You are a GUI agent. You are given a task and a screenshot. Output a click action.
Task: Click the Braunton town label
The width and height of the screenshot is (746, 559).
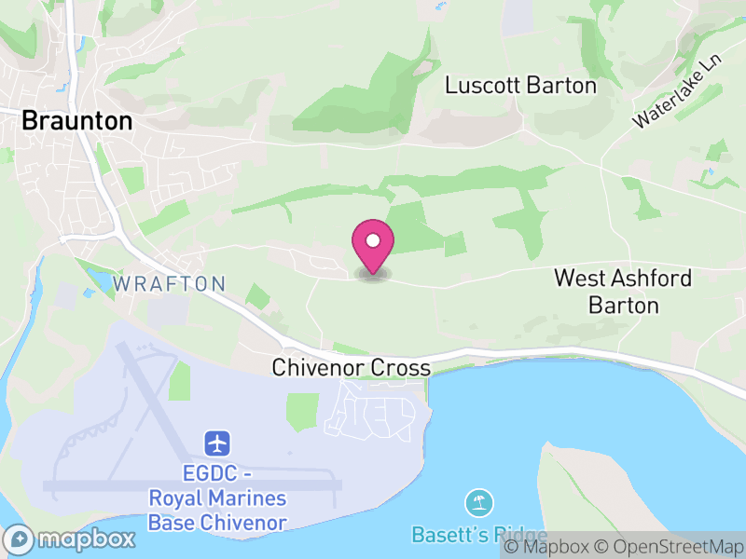76,120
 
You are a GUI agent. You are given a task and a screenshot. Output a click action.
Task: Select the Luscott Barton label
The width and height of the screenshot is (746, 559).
520,86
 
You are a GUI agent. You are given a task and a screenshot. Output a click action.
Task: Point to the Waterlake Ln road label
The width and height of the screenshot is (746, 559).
677,90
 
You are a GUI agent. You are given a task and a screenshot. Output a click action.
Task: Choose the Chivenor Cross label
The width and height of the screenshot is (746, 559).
351,368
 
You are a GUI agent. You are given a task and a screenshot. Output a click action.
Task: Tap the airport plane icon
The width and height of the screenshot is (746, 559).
217,441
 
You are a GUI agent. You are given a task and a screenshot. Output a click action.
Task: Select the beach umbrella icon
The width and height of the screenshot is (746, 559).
479,504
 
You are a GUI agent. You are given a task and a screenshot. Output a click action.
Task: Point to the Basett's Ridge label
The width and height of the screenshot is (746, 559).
479,535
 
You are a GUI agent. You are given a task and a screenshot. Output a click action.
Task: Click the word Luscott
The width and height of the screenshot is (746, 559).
483,86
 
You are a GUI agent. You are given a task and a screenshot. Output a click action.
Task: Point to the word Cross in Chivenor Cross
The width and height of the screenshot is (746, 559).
401,368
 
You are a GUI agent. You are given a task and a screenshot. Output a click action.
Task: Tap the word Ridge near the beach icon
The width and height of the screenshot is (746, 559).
518,535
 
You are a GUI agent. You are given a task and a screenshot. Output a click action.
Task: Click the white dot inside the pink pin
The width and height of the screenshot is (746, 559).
373,241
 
